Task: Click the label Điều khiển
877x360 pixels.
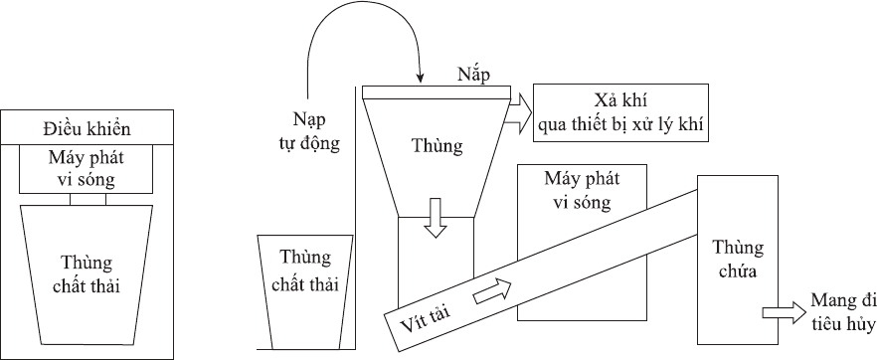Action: pyautogui.click(x=87, y=129)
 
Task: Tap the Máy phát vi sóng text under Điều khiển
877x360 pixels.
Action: pyautogui.click(x=87, y=169)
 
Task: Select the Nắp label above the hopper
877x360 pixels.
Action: pyautogui.click(x=473, y=75)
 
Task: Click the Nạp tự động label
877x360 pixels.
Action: pyautogui.click(x=316, y=131)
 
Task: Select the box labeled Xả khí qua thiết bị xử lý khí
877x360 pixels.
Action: pyautogui.click(x=620, y=113)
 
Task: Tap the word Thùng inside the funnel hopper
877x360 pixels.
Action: pyautogui.click(x=438, y=145)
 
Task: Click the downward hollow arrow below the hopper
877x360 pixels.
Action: pyautogui.click(x=436, y=217)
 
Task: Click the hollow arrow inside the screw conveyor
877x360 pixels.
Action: pyautogui.click(x=492, y=291)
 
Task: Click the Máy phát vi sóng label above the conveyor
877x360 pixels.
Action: pyautogui.click(x=582, y=191)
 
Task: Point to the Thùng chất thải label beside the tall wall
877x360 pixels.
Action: pyautogui.click(x=305, y=271)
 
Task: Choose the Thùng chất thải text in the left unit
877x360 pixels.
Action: pyautogui.click(x=87, y=273)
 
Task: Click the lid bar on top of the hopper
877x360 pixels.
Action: pyautogui.click(x=437, y=92)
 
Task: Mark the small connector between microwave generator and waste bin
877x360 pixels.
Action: pyautogui.click(x=88, y=199)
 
